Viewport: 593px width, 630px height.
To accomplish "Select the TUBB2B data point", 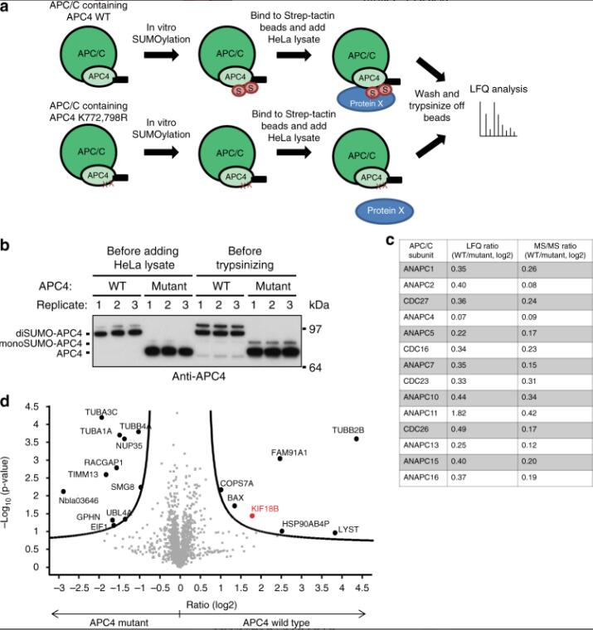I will coord(357,439).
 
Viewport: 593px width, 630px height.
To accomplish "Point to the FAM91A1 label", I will coord(289,452).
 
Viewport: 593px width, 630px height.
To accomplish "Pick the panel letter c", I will coord(388,241).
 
